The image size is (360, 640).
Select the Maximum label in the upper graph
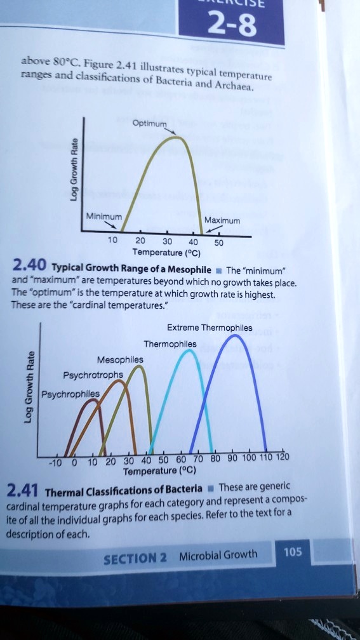[x=222, y=221]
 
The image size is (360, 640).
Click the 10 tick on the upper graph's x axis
[x=112, y=241]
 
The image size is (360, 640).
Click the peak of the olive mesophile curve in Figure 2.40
[x=177, y=137]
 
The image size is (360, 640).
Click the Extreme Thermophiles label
[x=210, y=328]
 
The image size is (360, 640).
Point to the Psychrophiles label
[x=69, y=393]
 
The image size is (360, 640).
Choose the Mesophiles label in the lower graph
[x=120, y=359]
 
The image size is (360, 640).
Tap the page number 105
[x=293, y=552]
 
